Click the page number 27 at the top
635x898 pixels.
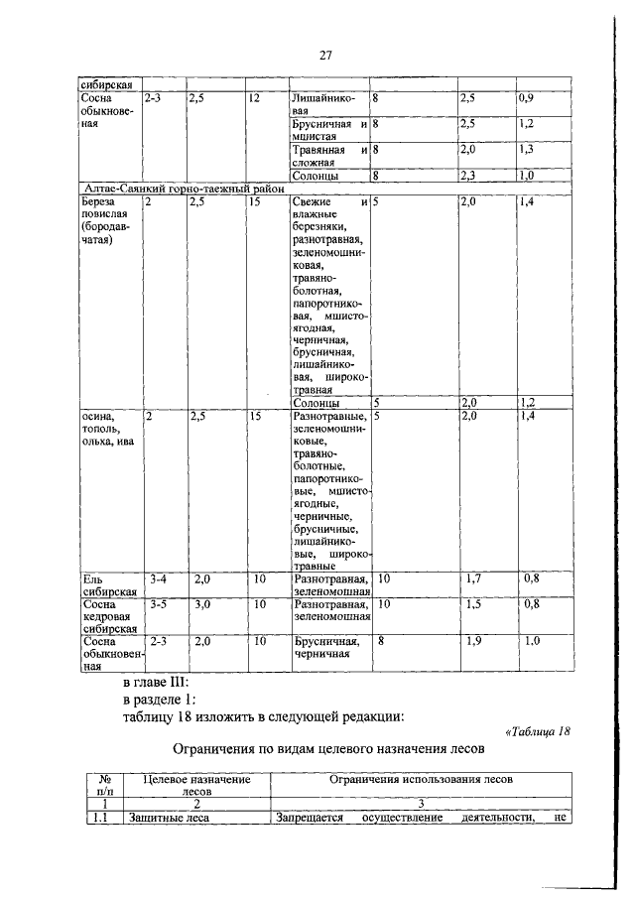324,55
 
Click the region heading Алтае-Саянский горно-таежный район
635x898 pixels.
183,189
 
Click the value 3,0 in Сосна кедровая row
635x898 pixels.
202,603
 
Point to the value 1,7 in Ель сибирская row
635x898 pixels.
475,577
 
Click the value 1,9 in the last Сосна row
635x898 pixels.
475,641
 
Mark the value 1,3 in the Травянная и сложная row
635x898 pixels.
527,148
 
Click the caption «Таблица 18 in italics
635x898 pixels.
538,732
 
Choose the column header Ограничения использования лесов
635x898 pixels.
421,781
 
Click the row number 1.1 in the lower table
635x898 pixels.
100,820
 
